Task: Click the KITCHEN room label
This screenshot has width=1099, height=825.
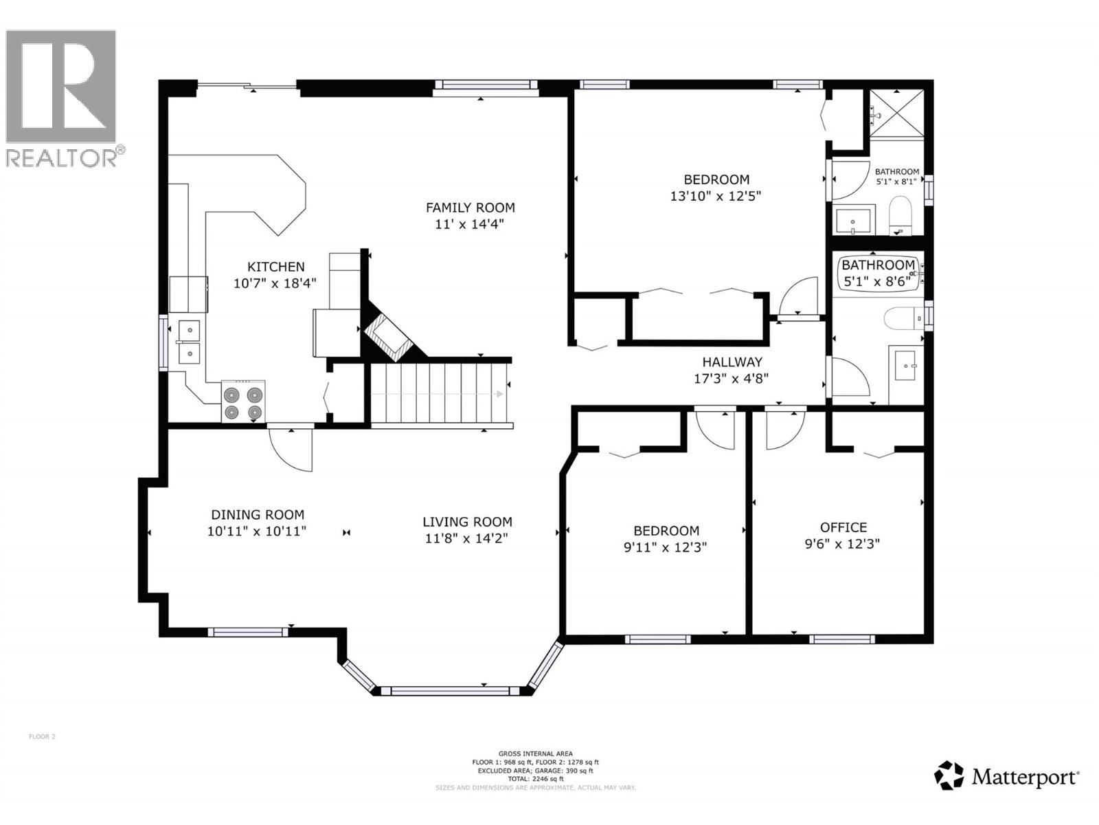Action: coord(275,267)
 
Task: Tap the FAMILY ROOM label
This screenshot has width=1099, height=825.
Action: coord(470,208)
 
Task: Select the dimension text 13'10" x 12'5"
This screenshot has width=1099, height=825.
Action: coord(716,196)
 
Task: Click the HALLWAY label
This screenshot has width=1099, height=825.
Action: coord(732,362)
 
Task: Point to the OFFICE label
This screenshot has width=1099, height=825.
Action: coord(843,527)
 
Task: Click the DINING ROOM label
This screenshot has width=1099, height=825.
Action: coord(257,514)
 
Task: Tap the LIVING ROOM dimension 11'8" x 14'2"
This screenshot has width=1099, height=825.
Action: coord(466,538)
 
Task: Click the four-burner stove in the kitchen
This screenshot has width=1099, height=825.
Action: coord(243,401)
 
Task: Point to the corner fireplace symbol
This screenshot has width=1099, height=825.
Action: coord(388,338)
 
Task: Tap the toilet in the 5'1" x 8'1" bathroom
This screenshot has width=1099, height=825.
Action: coord(899,215)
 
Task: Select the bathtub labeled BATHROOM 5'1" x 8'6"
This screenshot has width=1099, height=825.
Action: coord(879,274)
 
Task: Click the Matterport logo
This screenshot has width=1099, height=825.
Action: coord(1007,776)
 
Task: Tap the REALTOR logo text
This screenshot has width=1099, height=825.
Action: coord(65,157)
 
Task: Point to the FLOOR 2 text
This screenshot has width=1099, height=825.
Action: coord(42,736)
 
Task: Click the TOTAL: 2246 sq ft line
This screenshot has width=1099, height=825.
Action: coord(535,779)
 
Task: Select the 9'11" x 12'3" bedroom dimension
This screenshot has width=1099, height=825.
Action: coord(666,547)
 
